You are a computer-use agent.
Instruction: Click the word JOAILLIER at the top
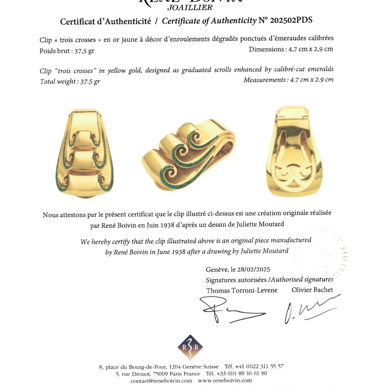pos(190,7)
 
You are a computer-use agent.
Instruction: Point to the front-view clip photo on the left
pos(85,153)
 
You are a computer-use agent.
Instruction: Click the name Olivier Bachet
pos(312,290)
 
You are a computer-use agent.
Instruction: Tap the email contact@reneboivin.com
pos(161,380)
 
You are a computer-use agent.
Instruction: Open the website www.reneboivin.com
pos(225,380)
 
